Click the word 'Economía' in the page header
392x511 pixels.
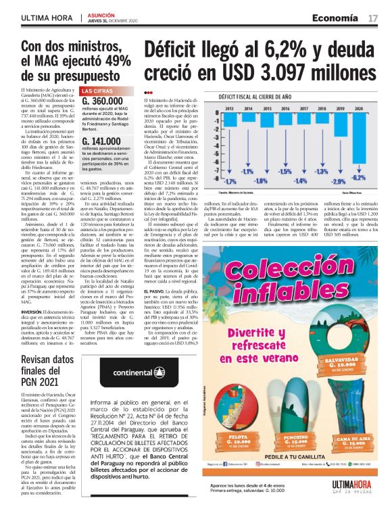click(335, 17)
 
